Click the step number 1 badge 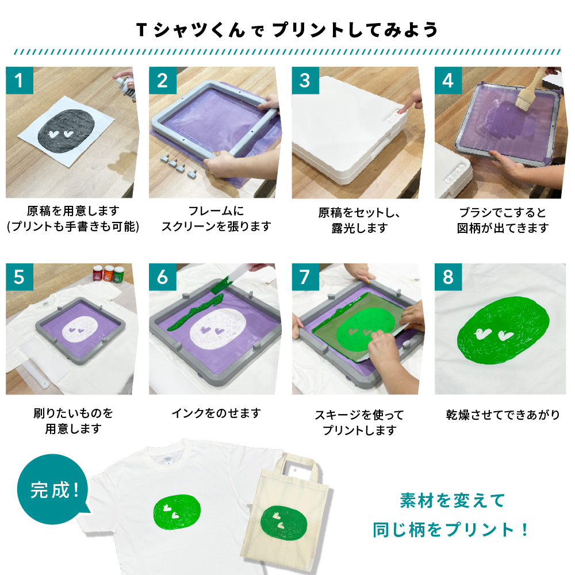point(20,80)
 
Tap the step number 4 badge point(448,80)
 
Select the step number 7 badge point(305,277)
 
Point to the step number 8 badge point(448,277)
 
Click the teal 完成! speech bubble point(53,489)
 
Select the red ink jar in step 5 point(98,273)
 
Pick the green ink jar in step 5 point(118,275)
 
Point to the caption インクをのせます point(216,413)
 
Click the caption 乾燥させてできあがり point(503,415)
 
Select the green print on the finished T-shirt point(177,512)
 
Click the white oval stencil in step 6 point(218,329)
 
